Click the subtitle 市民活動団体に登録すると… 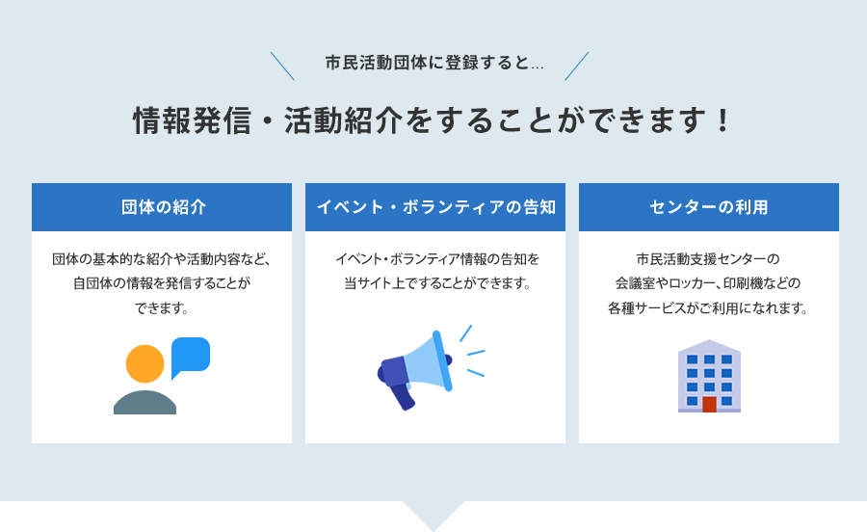(434, 63)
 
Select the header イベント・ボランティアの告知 (435, 207)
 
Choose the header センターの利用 (709, 207)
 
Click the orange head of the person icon (144, 364)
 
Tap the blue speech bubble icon (190, 358)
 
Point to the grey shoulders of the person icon (144, 403)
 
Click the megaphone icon (431, 368)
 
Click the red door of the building (709, 404)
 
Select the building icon (709, 376)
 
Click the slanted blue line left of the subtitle (282, 66)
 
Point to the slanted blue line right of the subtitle (577, 66)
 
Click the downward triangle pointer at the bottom (433, 516)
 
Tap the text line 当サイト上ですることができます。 (437, 283)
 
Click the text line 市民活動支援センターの (708, 259)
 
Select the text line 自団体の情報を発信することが (162, 283)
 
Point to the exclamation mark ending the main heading (722, 120)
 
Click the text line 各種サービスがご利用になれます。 (708, 308)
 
